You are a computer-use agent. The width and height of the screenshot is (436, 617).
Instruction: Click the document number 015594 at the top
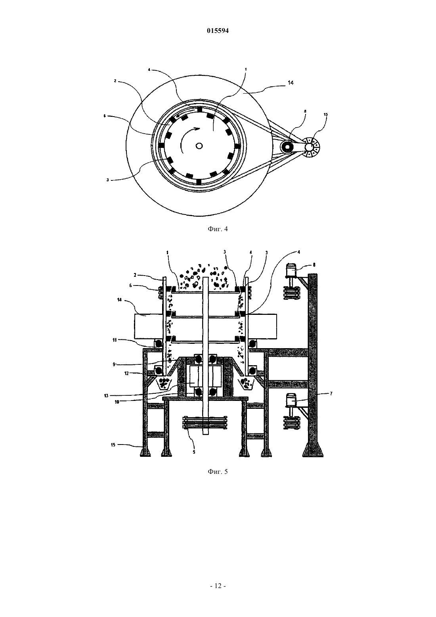218,31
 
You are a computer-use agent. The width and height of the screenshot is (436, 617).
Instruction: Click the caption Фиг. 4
218,229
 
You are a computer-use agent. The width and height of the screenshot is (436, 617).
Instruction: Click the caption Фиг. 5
218,472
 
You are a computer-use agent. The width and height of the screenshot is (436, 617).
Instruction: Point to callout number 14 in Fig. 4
291,82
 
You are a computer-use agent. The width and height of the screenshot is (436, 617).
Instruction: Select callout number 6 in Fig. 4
105,116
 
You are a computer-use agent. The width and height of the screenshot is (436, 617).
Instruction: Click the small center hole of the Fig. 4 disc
199,146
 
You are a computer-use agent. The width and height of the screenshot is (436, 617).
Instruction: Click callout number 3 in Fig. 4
108,180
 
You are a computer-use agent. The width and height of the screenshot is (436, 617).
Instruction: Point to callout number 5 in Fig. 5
194,452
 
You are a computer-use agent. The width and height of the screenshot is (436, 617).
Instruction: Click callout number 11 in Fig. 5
114,340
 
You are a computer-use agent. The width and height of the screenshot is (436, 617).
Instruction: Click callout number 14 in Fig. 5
119,300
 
